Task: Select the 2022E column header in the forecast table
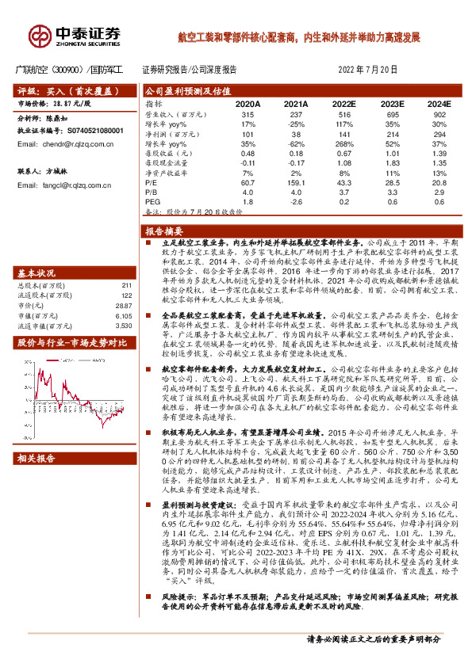pos(343,104)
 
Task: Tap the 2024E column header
pos(438,104)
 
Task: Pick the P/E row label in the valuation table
pos(151,182)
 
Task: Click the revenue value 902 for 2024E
pos(438,115)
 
